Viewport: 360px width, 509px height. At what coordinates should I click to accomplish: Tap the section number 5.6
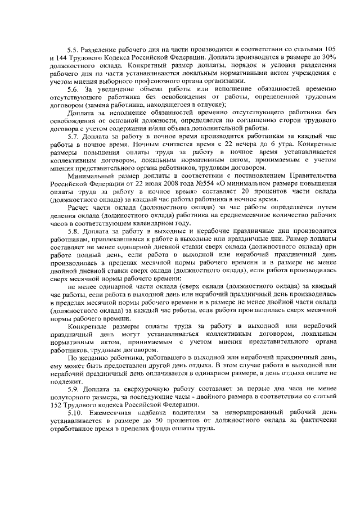73,89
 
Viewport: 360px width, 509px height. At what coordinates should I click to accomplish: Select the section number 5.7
73,137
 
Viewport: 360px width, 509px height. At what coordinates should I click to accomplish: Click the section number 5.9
73,389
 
